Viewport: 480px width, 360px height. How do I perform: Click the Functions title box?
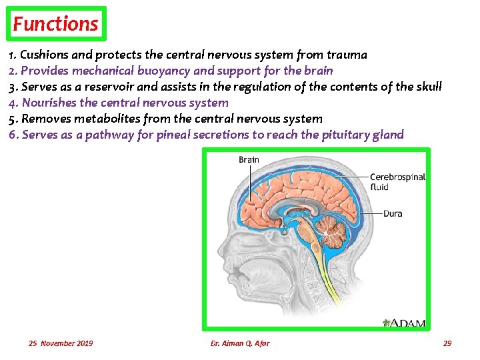(x=56, y=25)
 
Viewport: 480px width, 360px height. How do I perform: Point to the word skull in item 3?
(x=427, y=87)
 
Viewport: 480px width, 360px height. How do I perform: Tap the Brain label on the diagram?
(x=249, y=160)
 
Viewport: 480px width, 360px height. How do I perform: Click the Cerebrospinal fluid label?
(x=397, y=182)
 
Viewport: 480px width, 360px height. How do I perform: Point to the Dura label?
(x=393, y=214)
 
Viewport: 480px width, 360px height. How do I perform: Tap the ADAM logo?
(x=404, y=323)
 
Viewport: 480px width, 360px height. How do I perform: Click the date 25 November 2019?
(x=61, y=343)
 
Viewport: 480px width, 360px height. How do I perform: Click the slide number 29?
(x=447, y=343)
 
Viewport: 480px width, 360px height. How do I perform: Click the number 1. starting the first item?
(x=13, y=55)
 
